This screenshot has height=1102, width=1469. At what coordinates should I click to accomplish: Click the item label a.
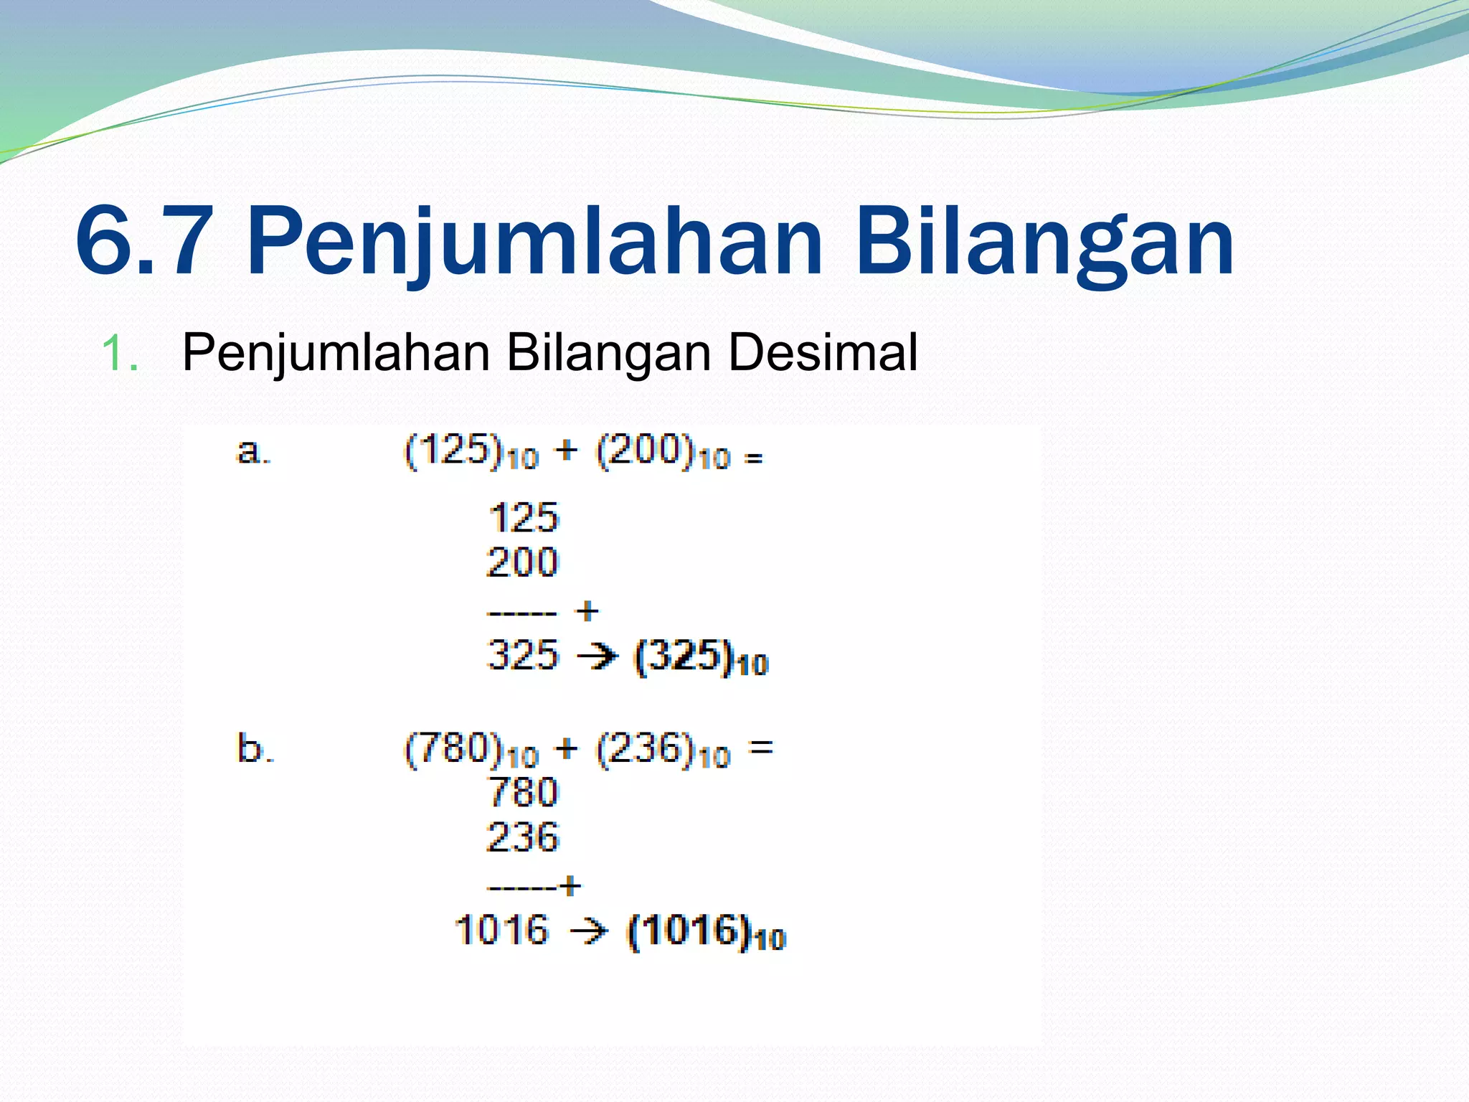point(252,452)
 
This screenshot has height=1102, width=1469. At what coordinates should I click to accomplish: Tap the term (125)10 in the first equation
point(471,453)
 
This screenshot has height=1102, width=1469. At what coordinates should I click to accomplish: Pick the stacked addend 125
point(523,517)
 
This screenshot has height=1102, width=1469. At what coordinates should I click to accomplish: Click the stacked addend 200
point(522,562)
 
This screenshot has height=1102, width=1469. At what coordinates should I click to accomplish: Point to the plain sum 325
point(522,654)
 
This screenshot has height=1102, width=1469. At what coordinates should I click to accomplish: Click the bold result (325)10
point(701,657)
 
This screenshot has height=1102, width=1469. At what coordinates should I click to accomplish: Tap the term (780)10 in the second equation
point(471,750)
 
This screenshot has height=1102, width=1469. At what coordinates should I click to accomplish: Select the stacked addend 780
point(523,792)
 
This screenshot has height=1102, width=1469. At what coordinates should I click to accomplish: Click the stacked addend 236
point(522,837)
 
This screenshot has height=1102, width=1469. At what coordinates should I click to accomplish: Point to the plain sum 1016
point(501,930)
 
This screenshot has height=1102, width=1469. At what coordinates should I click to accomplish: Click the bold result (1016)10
point(707,932)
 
